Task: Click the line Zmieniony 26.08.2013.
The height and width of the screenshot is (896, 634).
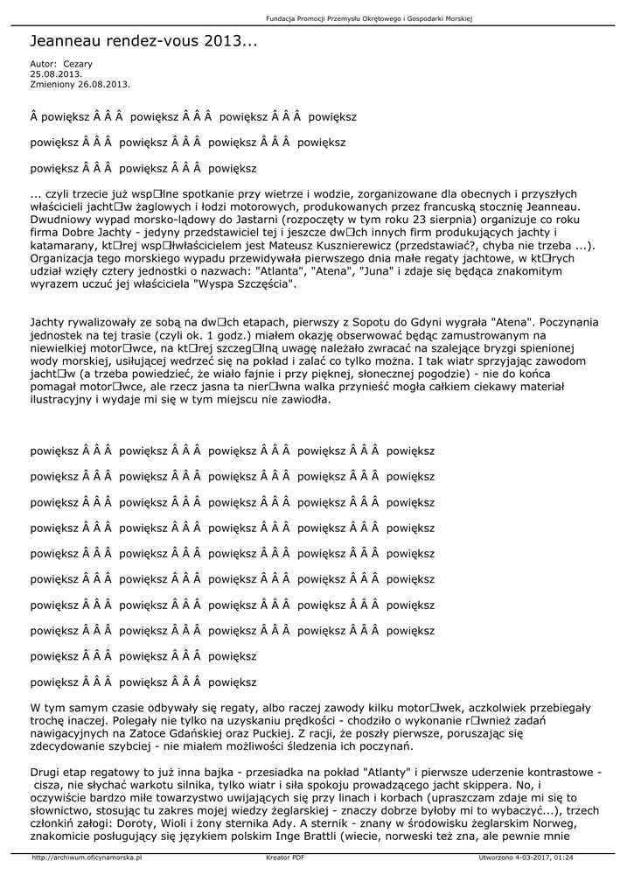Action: [x=80, y=84]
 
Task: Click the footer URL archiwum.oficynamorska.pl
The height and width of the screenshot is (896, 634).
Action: [x=87, y=857]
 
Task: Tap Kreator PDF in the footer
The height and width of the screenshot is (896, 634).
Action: [x=285, y=857]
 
